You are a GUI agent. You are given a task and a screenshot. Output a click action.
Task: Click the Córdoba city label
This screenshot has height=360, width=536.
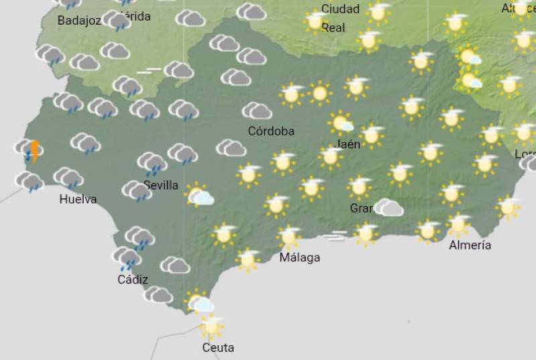click(271, 131)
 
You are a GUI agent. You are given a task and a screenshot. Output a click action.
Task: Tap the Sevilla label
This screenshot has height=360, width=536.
click(161, 185)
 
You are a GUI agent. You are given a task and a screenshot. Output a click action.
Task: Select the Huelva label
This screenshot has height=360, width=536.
click(78, 199)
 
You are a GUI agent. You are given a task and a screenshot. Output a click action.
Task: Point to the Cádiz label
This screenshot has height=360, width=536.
click(133, 280)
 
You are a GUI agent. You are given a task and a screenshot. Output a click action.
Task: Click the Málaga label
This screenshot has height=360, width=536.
click(299, 257)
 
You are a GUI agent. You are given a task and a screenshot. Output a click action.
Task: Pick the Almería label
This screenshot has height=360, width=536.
click(470, 245)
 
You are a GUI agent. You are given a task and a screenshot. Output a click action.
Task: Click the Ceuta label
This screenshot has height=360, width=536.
click(218, 348)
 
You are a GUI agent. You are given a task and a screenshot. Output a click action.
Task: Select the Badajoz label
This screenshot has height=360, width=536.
click(79, 21)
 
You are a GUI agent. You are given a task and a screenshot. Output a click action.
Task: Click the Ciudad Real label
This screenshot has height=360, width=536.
click(340, 18)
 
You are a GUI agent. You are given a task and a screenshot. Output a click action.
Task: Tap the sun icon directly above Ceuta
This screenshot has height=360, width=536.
click(212, 326)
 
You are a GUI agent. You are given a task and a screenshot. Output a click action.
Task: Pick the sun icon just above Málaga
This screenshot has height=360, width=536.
click(289, 236)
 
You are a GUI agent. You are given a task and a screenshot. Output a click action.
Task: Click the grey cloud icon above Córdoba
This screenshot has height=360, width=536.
click(257, 111)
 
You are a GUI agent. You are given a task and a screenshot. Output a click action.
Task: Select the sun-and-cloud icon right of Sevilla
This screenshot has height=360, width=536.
click(199, 195)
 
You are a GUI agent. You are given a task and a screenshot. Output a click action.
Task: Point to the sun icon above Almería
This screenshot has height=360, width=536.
click(459, 224)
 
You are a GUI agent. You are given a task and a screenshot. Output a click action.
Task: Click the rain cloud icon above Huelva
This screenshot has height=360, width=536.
click(68, 178)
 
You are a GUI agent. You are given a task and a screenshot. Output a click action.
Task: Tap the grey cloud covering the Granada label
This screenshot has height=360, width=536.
click(389, 208)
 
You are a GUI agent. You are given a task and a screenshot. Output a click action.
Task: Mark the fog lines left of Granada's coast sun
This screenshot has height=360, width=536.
click(335, 235)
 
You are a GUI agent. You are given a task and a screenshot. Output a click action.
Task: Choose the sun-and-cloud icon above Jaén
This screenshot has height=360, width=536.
click(342, 123)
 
